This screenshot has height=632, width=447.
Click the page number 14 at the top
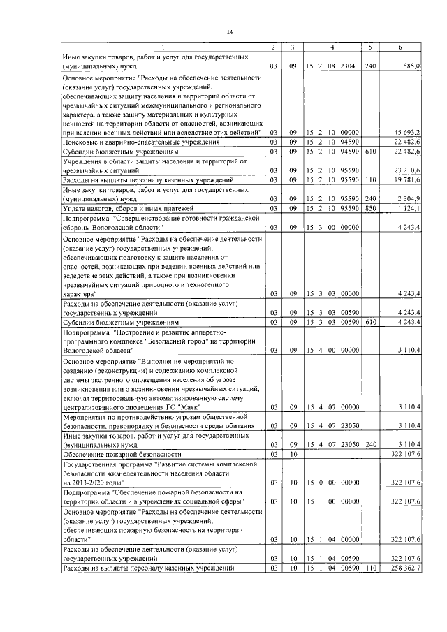(228, 31)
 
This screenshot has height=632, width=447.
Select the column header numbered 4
(332, 47)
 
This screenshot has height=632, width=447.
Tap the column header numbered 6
(400, 47)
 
